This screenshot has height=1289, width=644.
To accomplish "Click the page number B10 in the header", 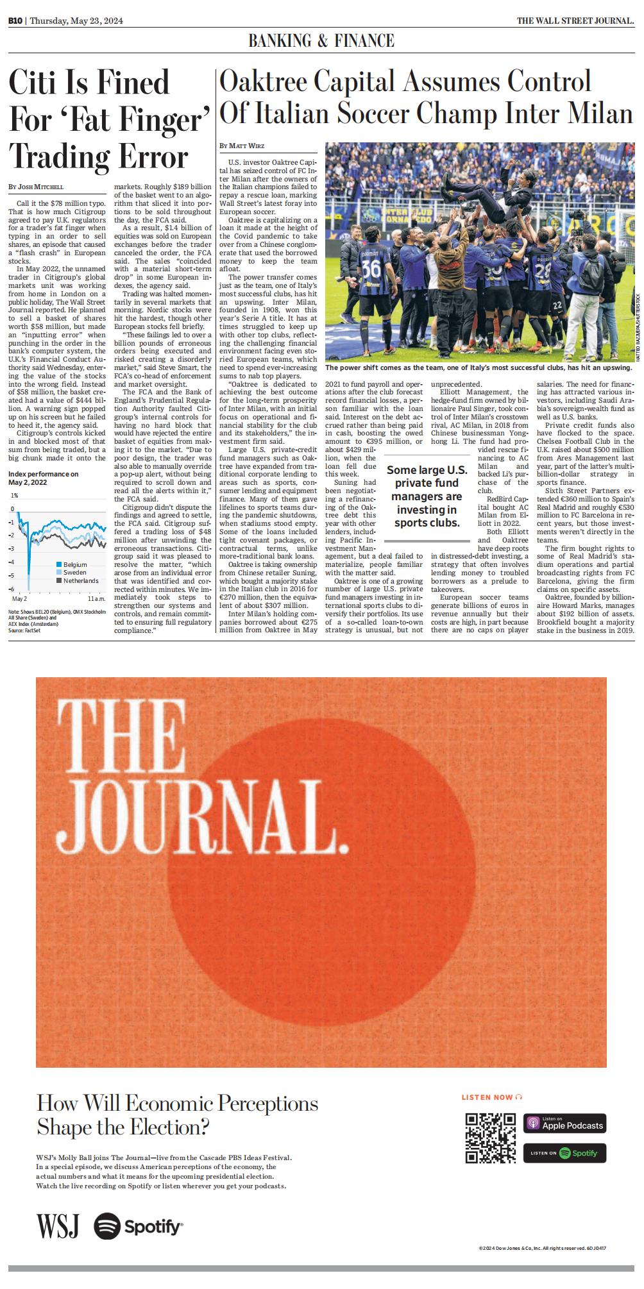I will click(15, 21).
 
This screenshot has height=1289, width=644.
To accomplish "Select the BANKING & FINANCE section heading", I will click(321, 42).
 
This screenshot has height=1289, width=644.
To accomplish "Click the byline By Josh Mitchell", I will click(37, 187).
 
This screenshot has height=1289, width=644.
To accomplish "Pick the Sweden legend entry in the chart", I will click(74, 573).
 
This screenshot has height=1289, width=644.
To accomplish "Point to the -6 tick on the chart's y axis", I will click(12, 588).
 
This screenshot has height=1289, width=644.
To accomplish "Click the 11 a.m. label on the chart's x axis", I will click(96, 598).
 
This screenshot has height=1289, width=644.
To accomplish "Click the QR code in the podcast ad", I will click(491, 1138).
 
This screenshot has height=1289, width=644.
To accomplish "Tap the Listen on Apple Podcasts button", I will click(564, 1123).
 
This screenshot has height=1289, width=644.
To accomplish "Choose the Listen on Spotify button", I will click(564, 1153).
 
